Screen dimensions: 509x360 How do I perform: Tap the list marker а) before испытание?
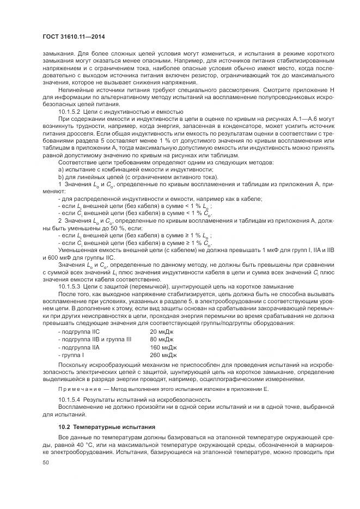pos(60,170)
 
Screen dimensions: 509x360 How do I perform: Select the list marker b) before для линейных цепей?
pos(60,177)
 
